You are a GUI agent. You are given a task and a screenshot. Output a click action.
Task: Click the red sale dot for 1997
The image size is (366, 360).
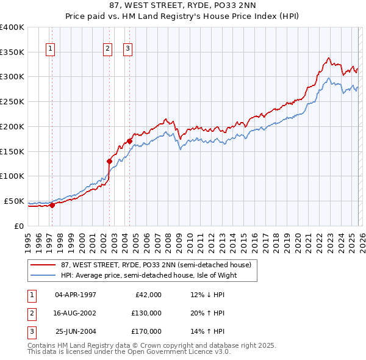52,205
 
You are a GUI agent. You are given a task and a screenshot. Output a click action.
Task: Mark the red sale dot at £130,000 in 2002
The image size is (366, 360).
110,161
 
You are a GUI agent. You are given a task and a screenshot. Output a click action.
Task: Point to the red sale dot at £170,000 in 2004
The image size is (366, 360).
130,141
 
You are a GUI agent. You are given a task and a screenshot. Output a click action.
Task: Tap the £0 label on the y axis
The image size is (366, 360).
19,226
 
